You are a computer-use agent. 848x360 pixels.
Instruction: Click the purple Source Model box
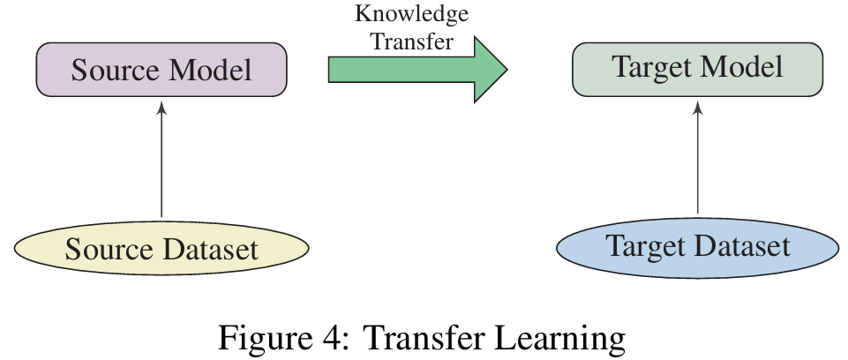pos(161,70)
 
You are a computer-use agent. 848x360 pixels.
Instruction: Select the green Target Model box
pos(697,69)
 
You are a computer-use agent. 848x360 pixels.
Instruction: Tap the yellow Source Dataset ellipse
pos(161,249)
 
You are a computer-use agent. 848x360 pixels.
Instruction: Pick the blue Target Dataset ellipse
pos(697,246)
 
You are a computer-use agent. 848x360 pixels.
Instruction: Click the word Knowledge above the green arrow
pos(411,15)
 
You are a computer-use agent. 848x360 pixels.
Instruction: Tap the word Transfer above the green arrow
pos(410,41)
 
